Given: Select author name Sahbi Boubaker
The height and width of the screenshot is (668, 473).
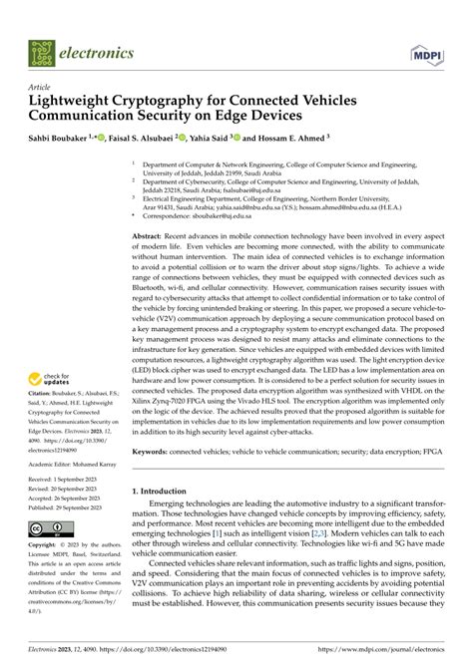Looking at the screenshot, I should [63, 139].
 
